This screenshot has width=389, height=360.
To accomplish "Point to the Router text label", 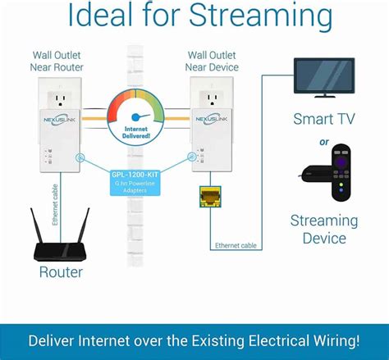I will pyautogui.click(x=62, y=272).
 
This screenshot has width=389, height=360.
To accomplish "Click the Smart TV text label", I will pyautogui.click(x=324, y=120).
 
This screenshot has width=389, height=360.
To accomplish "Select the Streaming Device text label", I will pyautogui.click(x=324, y=230).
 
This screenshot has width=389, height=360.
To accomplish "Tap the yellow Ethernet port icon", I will pyautogui.click(x=208, y=194).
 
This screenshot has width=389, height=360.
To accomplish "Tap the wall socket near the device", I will pyautogui.click(x=213, y=98).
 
